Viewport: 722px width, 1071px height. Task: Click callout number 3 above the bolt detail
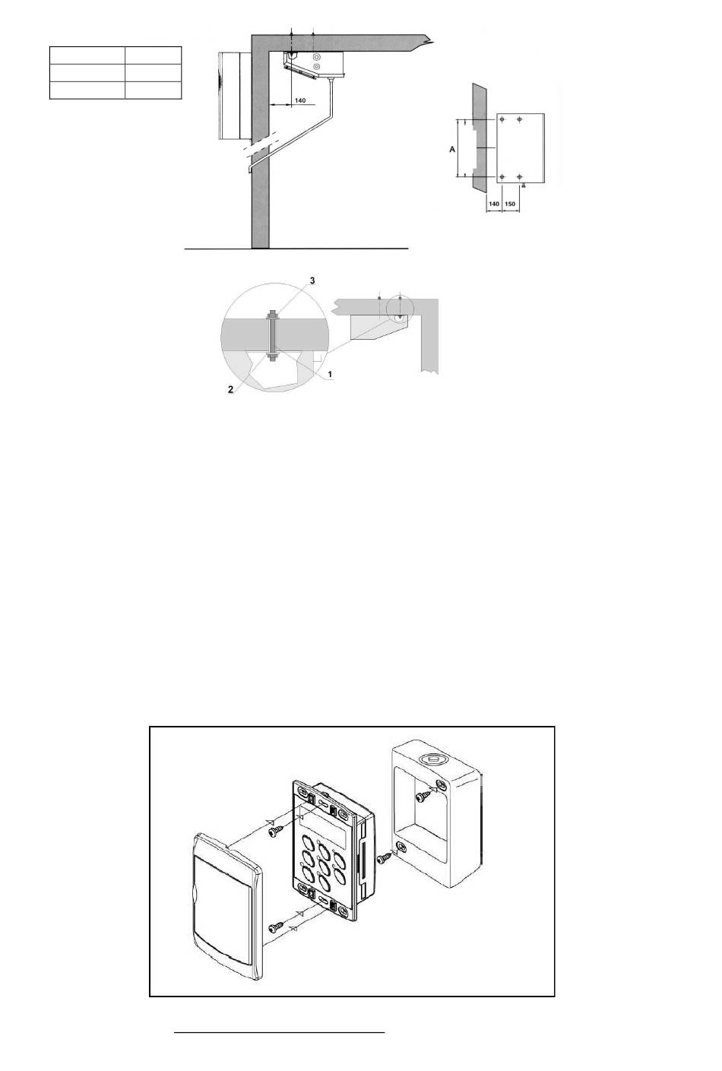pyautogui.click(x=312, y=280)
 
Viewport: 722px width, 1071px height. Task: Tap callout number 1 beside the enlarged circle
pyautogui.click(x=329, y=373)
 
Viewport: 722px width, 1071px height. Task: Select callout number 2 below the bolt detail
pyautogui.click(x=230, y=390)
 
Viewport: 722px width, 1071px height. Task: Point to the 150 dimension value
pyautogui.click(x=510, y=204)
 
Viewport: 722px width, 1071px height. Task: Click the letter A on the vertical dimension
pyautogui.click(x=452, y=150)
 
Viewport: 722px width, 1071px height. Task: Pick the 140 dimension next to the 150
pyautogui.click(x=494, y=204)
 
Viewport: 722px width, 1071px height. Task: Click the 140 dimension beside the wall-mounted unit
pyautogui.click(x=299, y=100)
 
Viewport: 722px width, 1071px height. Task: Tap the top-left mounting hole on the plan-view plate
pyautogui.click(x=502, y=119)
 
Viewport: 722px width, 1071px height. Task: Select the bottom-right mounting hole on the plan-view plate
pyautogui.click(x=519, y=177)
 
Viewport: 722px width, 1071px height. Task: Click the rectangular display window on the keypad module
pyautogui.click(x=321, y=829)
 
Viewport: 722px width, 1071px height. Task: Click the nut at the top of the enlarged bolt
pyautogui.click(x=272, y=315)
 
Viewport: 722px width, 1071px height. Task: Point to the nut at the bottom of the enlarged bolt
pyautogui.click(x=272, y=356)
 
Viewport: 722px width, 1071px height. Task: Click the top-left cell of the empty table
pyautogui.click(x=87, y=55)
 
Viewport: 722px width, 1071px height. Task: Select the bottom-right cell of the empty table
pyautogui.click(x=154, y=90)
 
